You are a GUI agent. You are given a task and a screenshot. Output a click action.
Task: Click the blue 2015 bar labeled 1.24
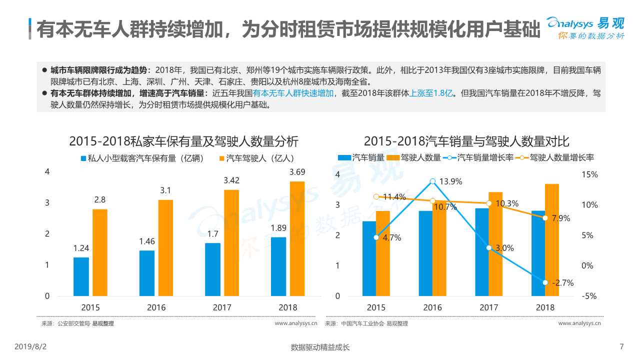81,276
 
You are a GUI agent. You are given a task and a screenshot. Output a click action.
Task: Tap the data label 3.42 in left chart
231,180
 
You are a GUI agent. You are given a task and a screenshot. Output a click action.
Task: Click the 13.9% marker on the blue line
432,181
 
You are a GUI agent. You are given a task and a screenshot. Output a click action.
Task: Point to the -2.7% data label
562,283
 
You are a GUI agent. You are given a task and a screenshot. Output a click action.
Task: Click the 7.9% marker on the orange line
545,218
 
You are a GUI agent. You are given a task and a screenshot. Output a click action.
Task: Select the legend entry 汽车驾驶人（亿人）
256,158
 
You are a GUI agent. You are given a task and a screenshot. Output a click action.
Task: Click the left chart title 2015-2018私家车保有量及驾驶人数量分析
183,141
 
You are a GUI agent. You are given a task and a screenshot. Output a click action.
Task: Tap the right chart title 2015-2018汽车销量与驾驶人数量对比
466,141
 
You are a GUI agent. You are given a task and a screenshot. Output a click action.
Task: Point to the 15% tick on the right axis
590,175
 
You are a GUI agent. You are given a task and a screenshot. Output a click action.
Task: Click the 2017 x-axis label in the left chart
222,307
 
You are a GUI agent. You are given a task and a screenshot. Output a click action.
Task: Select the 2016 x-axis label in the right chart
432,307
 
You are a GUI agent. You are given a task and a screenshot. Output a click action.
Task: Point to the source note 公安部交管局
73,323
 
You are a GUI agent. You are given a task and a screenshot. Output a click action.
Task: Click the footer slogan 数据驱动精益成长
320,347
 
